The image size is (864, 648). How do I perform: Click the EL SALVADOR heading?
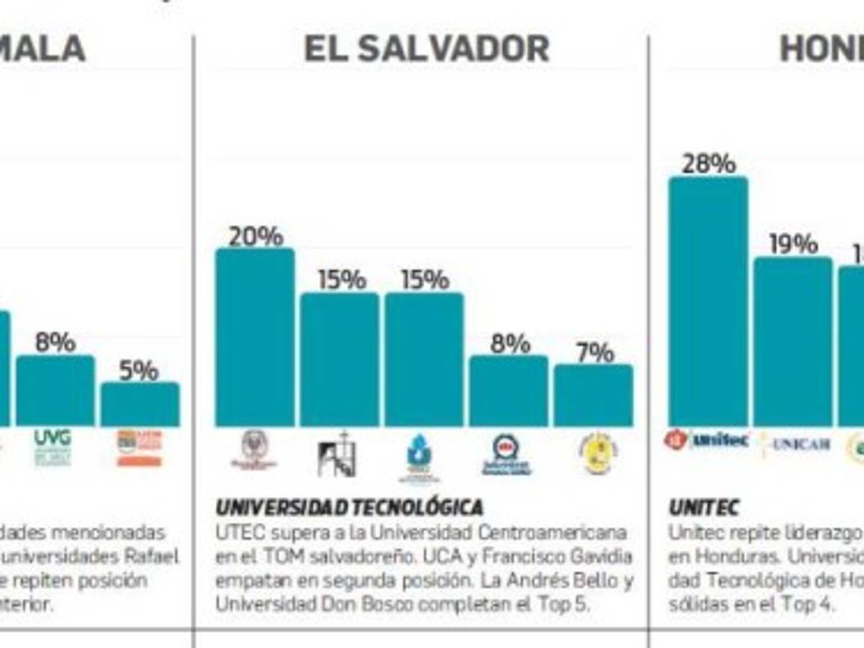(426, 49)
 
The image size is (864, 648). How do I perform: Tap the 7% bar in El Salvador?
(593, 395)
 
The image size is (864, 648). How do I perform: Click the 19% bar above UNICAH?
(793, 341)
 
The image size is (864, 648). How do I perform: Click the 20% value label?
(256, 236)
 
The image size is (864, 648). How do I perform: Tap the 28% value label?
(708, 164)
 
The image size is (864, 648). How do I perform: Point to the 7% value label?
(595, 353)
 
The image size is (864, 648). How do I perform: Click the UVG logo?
(53, 447)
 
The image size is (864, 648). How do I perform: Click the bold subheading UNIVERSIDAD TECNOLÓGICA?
(349, 508)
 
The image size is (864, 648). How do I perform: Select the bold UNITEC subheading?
(703, 508)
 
